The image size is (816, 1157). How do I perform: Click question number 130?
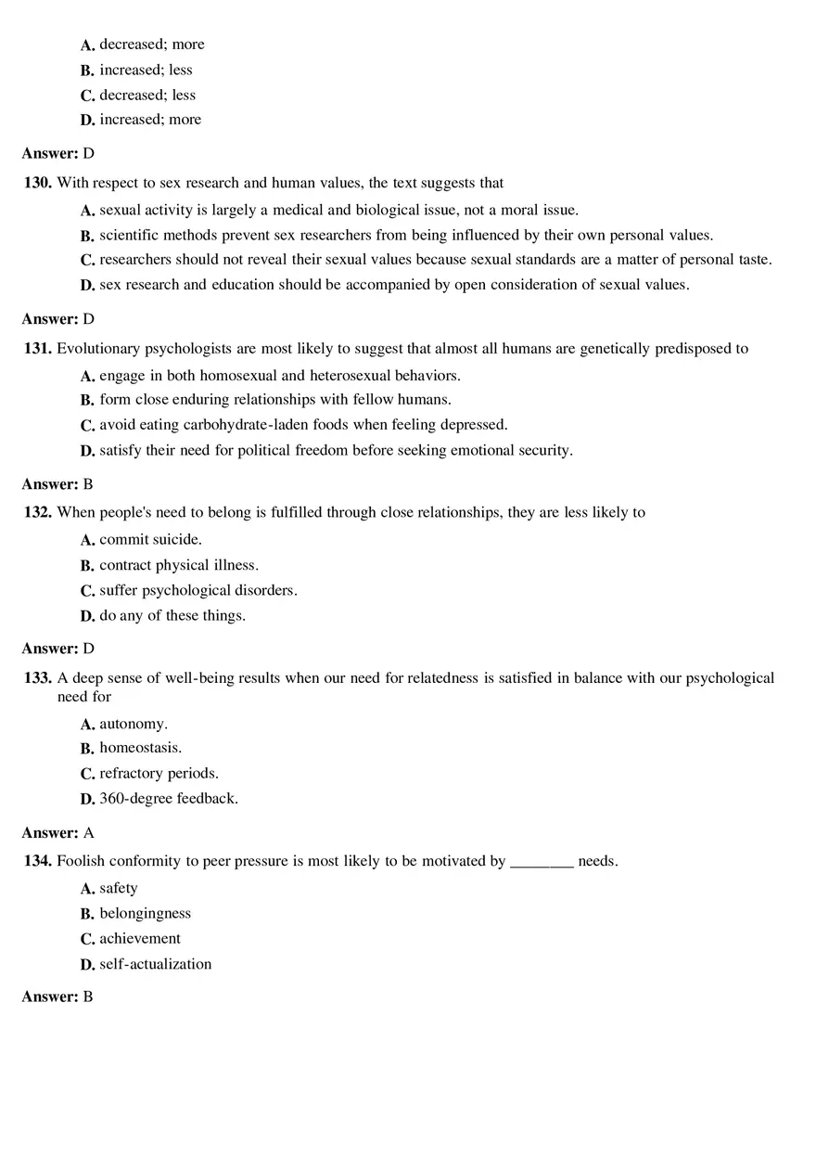(37, 183)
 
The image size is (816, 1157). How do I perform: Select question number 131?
(37, 349)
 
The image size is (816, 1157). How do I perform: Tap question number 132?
(37, 512)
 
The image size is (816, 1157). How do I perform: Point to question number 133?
(37, 678)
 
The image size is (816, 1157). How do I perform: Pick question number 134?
(37, 861)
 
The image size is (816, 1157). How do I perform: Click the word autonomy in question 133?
(134, 724)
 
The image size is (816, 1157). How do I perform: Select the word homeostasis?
(141, 748)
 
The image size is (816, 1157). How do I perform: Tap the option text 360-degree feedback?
(169, 798)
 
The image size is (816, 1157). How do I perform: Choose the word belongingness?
(146, 914)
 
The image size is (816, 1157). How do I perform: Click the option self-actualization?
(156, 964)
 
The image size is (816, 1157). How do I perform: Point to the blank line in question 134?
(542, 863)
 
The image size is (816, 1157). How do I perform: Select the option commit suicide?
(150, 539)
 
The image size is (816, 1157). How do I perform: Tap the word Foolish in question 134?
(80, 861)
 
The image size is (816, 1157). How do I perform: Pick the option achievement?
(140, 939)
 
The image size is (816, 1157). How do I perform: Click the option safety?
(119, 889)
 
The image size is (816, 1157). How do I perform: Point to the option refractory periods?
(159, 773)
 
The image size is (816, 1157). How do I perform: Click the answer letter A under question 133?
(89, 833)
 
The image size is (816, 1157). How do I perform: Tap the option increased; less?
(147, 70)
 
